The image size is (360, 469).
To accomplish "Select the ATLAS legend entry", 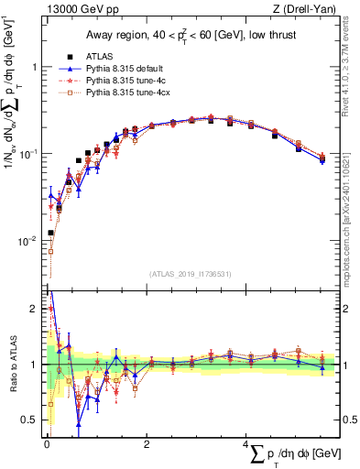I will pos(102,56).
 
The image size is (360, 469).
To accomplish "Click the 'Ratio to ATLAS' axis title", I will pos(12,365).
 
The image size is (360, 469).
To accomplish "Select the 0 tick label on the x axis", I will pos(46,444).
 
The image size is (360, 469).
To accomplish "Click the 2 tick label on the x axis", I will pos(147,444).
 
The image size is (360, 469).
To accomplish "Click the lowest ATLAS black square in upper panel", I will pos(50,233).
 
